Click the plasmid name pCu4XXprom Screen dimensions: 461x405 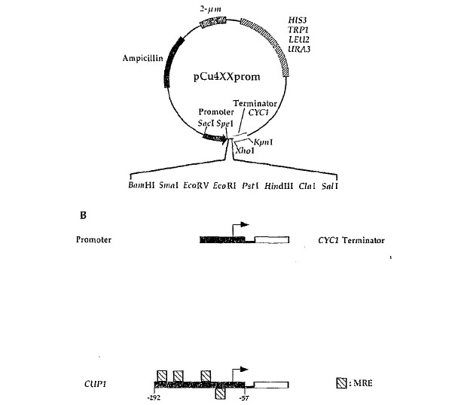coord(227,77)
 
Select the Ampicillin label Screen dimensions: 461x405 coord(142,58)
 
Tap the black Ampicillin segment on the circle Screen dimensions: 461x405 coord(173,62)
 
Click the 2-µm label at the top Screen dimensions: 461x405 coord(210,9)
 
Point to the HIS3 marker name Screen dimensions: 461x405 coord(297,20)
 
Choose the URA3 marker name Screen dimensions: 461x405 coord(299,49)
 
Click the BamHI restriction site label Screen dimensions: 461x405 coord(142,185)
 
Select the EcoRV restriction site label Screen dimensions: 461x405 coord(196,185)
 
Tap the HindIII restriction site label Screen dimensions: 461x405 coord(279,186)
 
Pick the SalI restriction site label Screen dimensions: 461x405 coord(330,186)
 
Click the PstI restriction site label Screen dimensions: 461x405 coord(250,186)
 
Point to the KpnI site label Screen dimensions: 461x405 coord(263,142)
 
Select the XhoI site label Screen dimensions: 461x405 coord(245,151)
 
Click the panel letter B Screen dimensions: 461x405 coord(83,215)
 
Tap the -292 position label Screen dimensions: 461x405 coord(154,398)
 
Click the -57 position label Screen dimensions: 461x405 coord(244,398)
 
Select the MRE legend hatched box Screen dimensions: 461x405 coord(341,383)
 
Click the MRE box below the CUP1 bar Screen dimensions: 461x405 coord(220,393)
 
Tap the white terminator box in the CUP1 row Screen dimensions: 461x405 coord(271,385)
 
